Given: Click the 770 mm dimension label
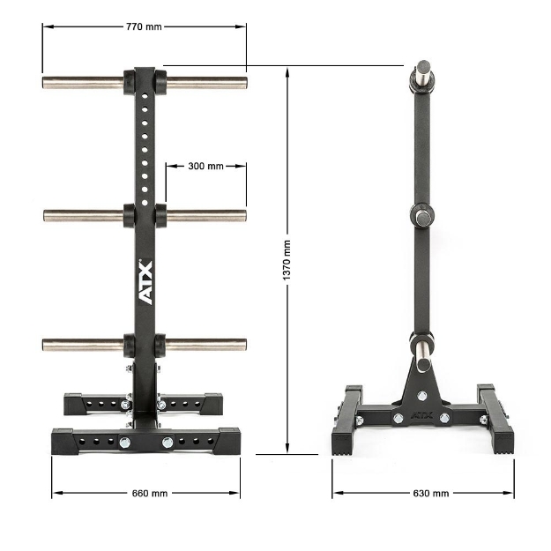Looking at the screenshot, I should (x=144, y=26).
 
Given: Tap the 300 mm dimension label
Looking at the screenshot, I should (x=205, y=166).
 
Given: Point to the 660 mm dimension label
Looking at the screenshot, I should (x=145, y=493).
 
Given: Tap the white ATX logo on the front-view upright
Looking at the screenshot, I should (x=145, y=282).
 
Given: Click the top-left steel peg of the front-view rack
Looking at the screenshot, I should (x=84, y=83).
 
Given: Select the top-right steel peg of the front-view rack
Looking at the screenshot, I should (x=205, y=83).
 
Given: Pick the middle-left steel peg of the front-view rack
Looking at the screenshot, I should (x=84, y=214).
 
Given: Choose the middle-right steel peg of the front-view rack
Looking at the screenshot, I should (x=205, y=214).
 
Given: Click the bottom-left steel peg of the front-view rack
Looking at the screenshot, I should (x=84, y=344).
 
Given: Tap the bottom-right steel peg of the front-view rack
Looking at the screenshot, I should (x=205, y=344).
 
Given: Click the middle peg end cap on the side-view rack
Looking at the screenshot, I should (x=422, y=214).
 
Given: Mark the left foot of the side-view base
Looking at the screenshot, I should (x=346, y=441).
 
